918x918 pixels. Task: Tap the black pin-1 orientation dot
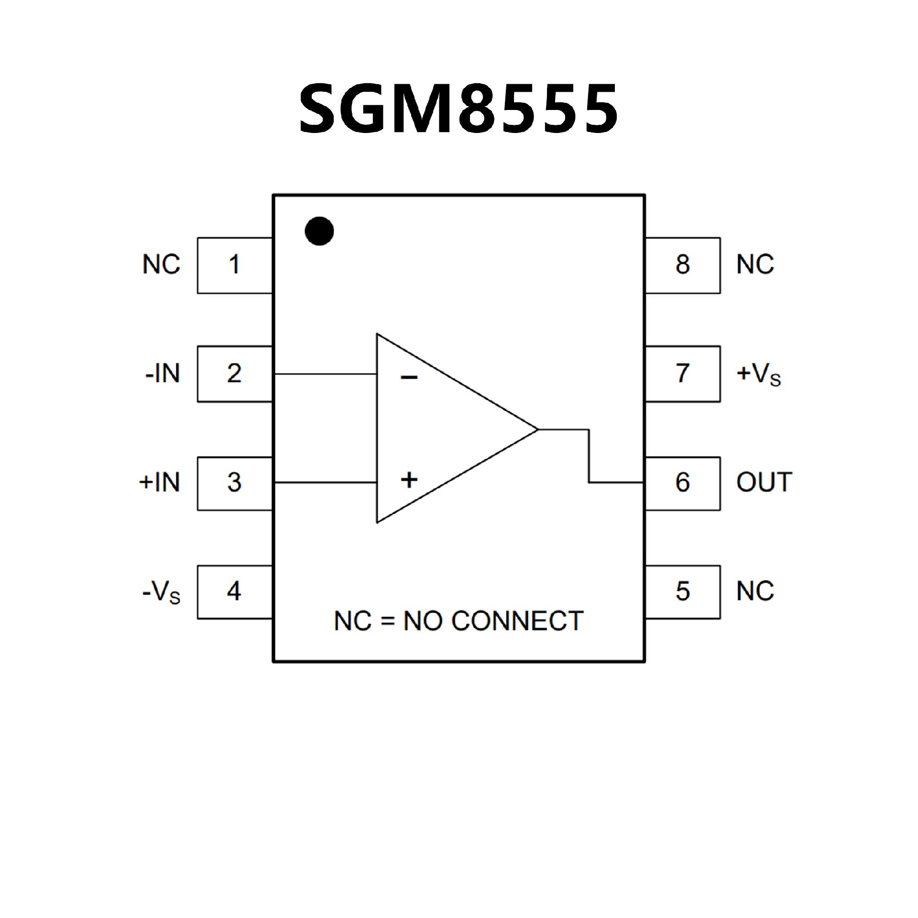point(319,231)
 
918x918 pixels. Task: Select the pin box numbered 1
point(234,265)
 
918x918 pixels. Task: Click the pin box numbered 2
point(234,374)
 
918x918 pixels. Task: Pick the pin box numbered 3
point(234,483)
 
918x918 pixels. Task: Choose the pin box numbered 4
point(234,592)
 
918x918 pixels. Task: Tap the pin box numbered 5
point(682,592)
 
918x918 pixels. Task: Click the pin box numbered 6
point(682,483)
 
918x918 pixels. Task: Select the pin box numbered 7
point(682,374)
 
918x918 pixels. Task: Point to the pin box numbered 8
point(682,265)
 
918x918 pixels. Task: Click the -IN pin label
point(163,374)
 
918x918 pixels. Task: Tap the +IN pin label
point(160,483)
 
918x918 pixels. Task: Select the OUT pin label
point(764,483)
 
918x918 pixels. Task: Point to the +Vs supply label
point(759,375)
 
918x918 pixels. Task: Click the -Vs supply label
point(162,593)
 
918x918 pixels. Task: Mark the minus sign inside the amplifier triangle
point(409,378)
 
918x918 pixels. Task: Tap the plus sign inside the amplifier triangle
point(409,480)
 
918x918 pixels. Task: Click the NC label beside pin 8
point(755,265)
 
